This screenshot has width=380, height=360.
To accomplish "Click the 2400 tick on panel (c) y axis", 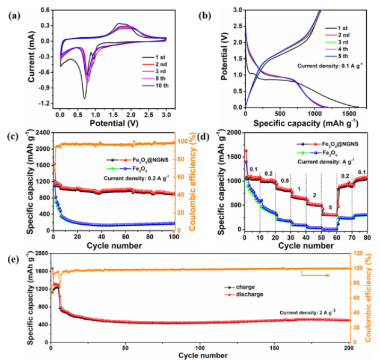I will [43, 132].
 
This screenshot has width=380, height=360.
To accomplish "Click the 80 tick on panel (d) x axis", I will [367, 236].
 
